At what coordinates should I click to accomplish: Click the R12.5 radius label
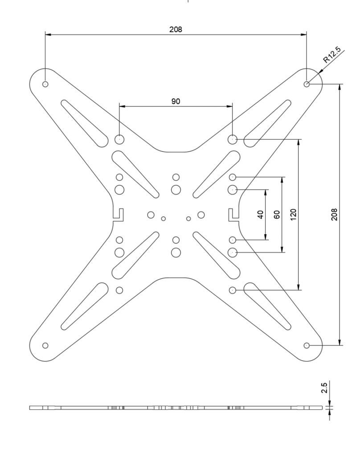click(x=332, y=54)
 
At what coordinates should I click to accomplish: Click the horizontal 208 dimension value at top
click(x=176, y=29)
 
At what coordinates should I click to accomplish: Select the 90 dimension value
click(x=176, y=101)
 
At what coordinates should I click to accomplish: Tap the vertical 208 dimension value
click(x=334, y=214)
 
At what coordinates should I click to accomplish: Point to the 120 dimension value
click(x=293, y=214)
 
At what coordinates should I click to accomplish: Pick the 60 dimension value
click(x=277, y=215)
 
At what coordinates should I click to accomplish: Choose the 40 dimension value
click(x=261, y=215)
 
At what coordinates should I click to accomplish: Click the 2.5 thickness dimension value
click(x=324, y=388)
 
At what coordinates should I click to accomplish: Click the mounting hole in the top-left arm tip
click(x=45, y=84)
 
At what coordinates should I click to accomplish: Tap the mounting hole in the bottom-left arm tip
click(x=45, y=346)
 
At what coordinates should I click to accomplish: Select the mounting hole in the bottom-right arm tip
click(x=307, y=346)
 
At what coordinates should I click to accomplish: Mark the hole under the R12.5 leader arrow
click(x=307, y=84)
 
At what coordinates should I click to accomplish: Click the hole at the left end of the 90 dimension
click(x=119, y=139)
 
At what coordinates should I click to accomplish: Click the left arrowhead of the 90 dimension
click(x=122, y=106)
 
